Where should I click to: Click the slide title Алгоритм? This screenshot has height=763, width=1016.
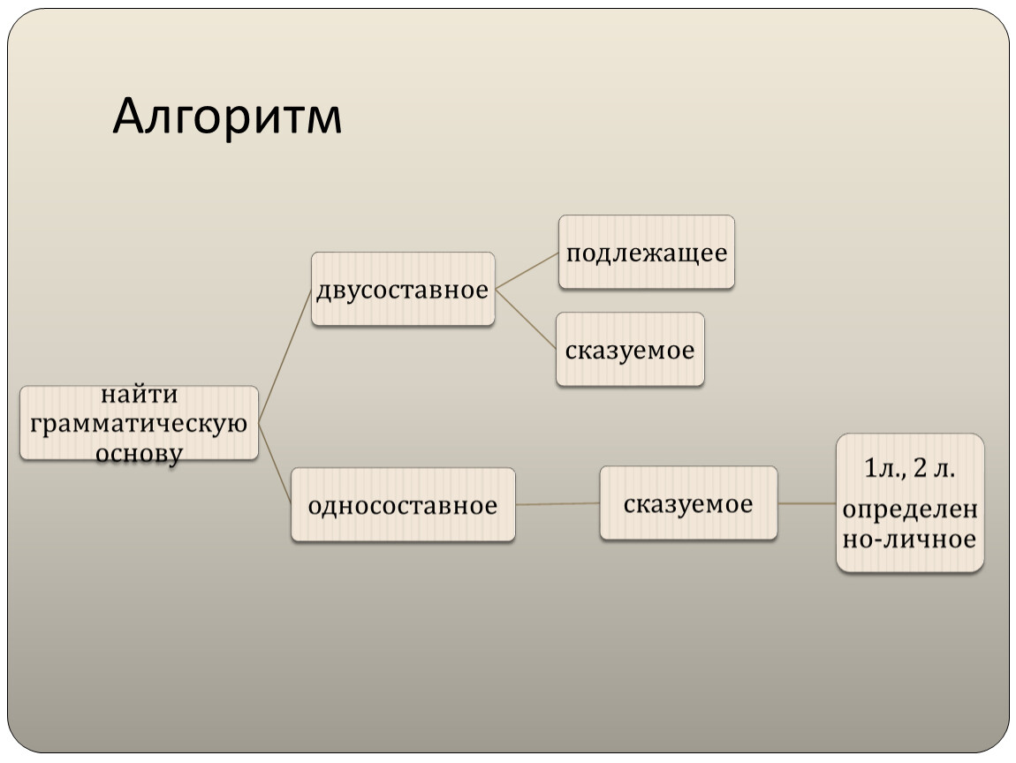[227, 117]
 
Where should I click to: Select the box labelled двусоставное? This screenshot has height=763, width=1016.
[403, 289]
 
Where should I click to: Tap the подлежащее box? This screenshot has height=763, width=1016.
[647, 252]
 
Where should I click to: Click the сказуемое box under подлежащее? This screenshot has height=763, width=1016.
[630, 350]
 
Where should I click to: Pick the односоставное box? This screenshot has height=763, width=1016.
[403, 504]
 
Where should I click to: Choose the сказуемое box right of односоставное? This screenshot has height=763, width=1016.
[688, 503]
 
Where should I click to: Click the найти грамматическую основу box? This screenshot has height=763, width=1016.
[140, 423]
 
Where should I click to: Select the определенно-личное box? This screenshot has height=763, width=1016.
[910, 502]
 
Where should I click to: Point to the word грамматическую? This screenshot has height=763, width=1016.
[139, 424]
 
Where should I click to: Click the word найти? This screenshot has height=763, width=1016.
[140, 394]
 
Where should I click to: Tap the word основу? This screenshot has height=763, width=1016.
[139, 453]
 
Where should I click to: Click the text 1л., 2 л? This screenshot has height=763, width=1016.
[910, 468]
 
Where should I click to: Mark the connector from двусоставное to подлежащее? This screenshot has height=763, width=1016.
[527, 271]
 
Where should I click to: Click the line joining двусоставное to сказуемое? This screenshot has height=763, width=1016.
[526, 320]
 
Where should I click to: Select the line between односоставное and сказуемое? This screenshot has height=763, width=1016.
[557, 504]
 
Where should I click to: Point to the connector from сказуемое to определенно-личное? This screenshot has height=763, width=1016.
[807, 503]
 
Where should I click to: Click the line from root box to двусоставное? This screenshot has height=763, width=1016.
[285, 356]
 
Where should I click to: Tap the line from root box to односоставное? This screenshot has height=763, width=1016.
[275, 464]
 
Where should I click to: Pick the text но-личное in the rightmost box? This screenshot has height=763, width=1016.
[909, 539]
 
